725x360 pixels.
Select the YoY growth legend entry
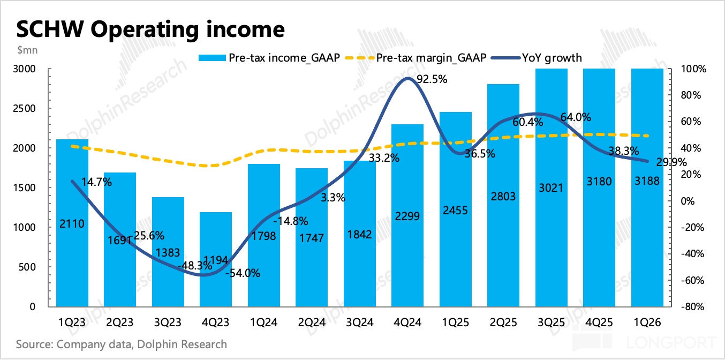(x=552, y=57)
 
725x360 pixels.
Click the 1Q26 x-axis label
(x=648, y=322)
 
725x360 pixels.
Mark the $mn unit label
(x=27, y=50)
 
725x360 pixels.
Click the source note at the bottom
(x=122, y=344)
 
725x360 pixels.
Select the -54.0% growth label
(x=243, y=273)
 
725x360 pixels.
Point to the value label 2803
(x=504, y=196)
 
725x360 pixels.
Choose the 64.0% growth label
(x=576, y=117)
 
